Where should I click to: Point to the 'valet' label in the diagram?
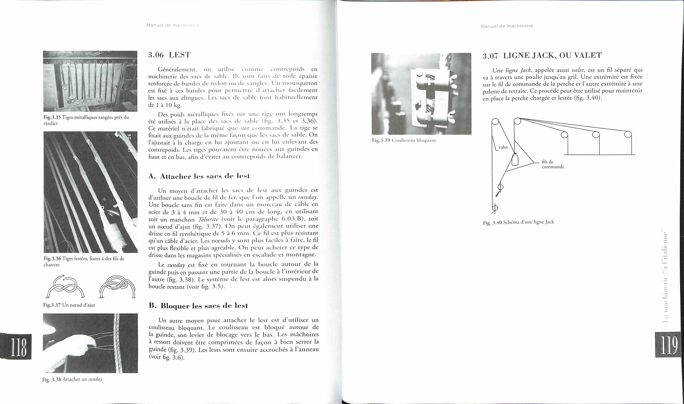(x=503, y=147)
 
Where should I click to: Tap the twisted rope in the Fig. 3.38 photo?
(x=118, y=343)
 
